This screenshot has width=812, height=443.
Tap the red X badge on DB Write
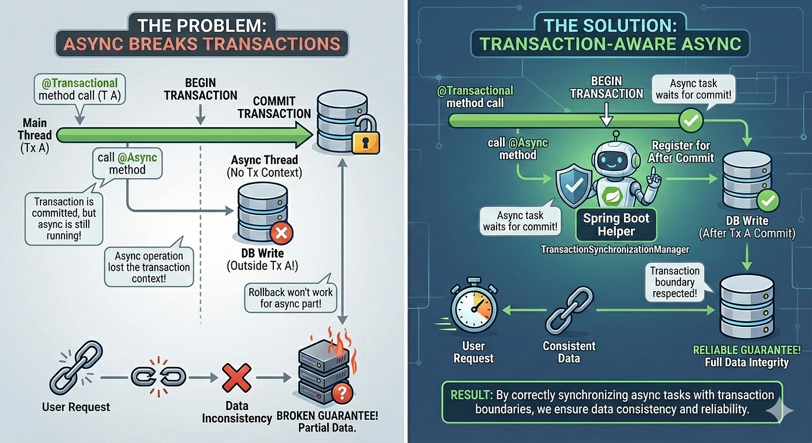(x=281, y=233)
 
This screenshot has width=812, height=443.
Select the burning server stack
(x=324, y=370)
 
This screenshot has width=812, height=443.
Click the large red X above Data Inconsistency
(x=237, y=377)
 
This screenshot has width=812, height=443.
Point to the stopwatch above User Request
(x=473, y=305)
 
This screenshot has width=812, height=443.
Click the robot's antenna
(x=615, y=136)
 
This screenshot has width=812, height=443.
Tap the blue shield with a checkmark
(x=574, y=185)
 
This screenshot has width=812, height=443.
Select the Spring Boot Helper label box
(x=616, y=225)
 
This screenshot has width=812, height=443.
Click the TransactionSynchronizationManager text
(x=615, y=249)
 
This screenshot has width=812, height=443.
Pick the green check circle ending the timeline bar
(x=691, y=120)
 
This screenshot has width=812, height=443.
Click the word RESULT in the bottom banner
(x=472, y=395)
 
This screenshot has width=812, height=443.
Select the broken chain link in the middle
(x=158, y=377)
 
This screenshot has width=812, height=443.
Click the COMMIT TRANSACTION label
(x=274, y=107)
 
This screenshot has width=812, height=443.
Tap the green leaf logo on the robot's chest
(x=612, y=196)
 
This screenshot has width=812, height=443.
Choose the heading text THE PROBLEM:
(x=202, y=26)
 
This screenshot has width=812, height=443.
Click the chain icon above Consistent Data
(x=570, y=310)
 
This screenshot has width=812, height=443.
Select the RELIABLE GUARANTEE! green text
(x=747, y=350)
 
